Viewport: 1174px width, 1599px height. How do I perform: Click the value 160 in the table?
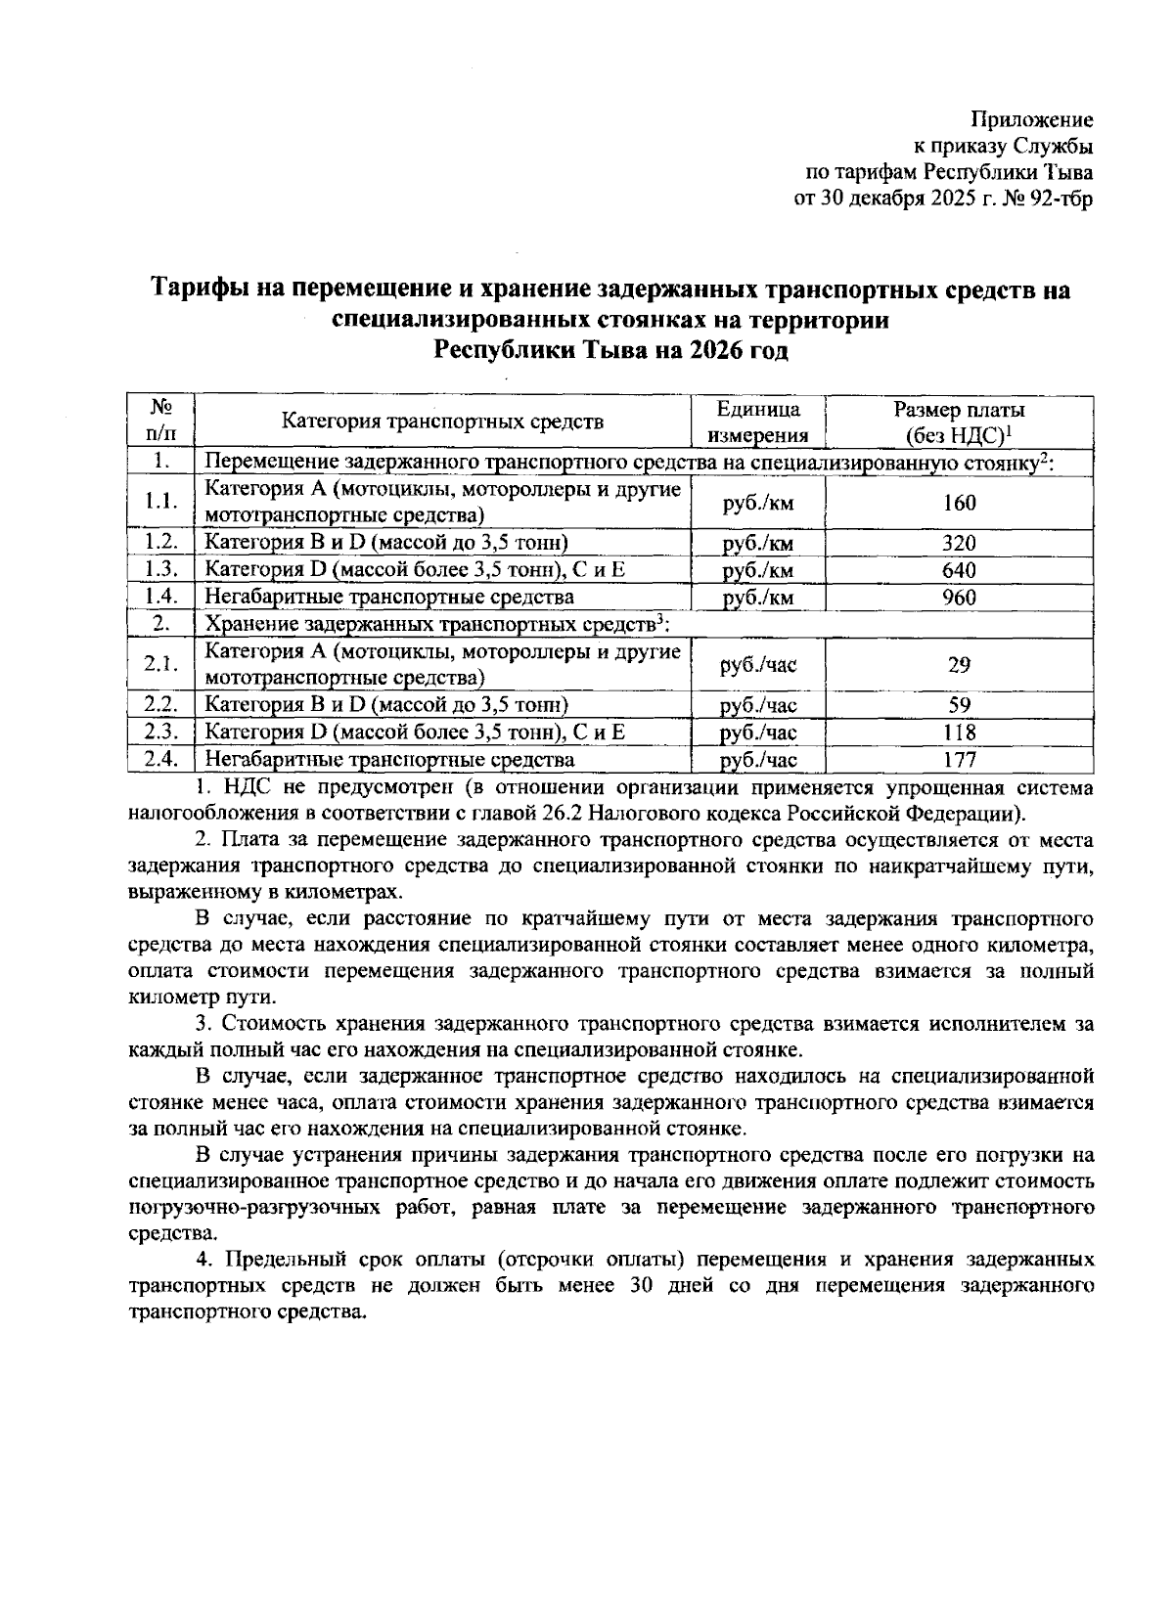pyautogui.click(x=959, y=504)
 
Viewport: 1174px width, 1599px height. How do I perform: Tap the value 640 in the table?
pyautogui.click(x=959, y=570)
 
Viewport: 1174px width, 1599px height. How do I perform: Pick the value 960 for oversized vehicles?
pyautogui.click(x=959, y=598)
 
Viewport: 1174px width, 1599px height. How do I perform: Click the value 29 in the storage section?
pyautogui.click(x=959, y=665)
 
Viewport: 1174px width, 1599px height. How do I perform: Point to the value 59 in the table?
pyautogui.click(x=959, y=705)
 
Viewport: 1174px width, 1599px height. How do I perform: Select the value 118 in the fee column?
pyautogui.click(x=959, y=733)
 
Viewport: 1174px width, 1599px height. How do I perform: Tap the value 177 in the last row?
pyautogui.click(x=959, y=759)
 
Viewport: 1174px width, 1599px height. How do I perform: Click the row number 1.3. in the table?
pyautogui.click(x=161, y=570)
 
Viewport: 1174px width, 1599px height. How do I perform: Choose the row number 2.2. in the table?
pyautogui.click(x=161, y=705)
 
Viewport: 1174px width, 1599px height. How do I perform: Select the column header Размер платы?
pyautogui.click(x=959, y=411)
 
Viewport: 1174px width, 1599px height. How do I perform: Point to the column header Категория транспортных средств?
pyautogui.click(x=442, y=422)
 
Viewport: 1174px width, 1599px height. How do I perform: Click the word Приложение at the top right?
pyautogui.click(x=1031, y=120)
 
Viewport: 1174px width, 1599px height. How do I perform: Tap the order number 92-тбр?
pyautogui.click(x=1060, y=200)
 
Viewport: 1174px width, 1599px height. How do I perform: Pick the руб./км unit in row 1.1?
pyautogui.click(x=758, y=504)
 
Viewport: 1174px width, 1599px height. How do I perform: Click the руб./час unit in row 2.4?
pyautogui.click(x=758, y=760)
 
